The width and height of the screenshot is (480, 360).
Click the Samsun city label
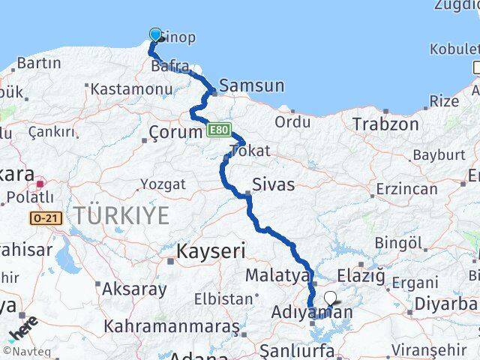point(251,85)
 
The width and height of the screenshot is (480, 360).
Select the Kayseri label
point(206,250)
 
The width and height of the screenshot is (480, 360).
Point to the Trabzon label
point(385,124)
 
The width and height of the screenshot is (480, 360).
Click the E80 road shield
point(218,130)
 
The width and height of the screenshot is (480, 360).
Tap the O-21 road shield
point(45,218)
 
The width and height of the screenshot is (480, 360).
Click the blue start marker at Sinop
point(156,34)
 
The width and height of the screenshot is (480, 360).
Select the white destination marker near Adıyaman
point(331,298)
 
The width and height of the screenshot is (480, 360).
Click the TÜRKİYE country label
point(121,216)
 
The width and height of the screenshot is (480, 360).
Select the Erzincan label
point(406,188)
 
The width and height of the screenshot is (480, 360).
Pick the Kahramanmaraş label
point(172,327)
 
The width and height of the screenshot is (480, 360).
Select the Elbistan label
point(223,298)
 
